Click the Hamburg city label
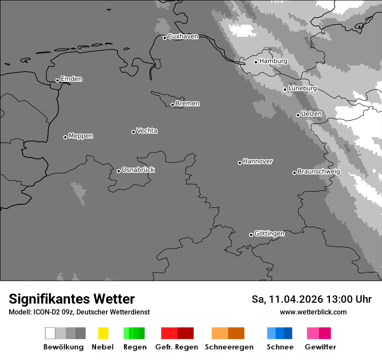click(273, 61)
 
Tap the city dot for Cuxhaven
click(165, 38)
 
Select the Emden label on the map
click(71, 79)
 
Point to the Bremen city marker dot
click(172, 105)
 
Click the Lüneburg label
click(302, 88)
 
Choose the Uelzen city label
click(311, 114)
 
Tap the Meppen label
click(81, 136)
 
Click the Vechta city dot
click(133, 132)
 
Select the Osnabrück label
click(138, 170)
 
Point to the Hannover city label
click(258, 161)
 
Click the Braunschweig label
click(319, 172)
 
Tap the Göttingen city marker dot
click(251, 235)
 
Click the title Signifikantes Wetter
click(72, 299)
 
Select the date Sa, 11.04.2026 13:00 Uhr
click(312, 299)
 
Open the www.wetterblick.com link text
click(313, 312)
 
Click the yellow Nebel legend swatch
click(103, 333)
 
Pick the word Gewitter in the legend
click(320, 347)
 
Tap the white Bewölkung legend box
click(50, 333)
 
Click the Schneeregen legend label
click(229, 347)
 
